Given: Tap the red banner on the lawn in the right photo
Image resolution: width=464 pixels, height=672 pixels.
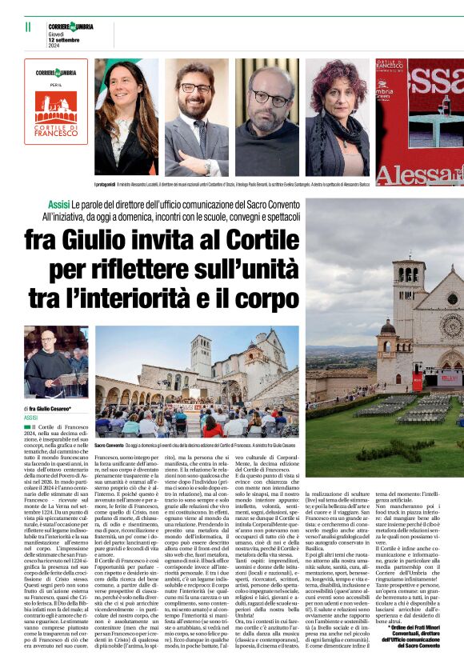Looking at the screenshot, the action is (x=417, y=382).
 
